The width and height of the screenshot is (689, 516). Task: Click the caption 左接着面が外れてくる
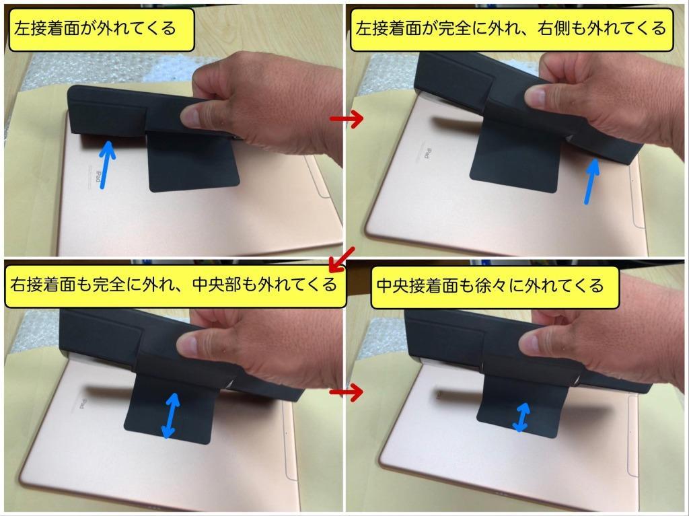(96, 29)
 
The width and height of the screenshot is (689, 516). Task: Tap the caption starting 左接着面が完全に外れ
(511, 29)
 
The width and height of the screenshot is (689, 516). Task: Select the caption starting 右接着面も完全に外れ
(172, 284)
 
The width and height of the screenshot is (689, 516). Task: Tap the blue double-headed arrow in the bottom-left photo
(171, 416)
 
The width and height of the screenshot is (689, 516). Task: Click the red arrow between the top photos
(347, 119)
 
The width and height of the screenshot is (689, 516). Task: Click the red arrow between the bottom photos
(347, 392)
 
